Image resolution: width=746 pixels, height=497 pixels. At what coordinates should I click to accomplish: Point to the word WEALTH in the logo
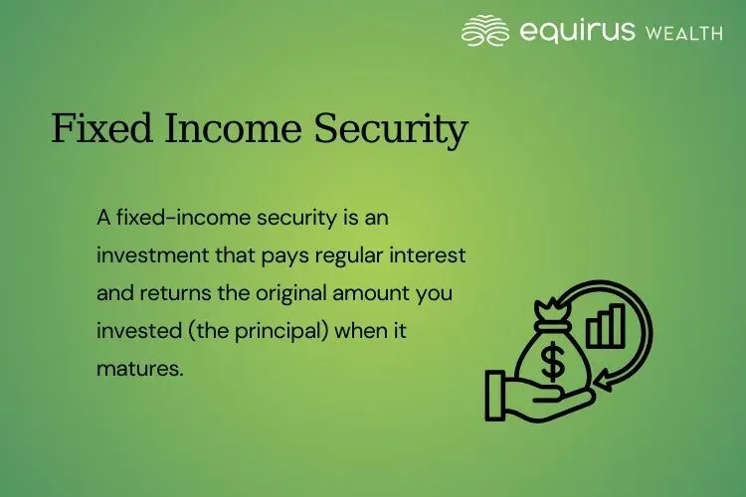[684, 34]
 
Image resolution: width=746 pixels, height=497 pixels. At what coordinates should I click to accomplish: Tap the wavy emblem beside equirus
[485, 31]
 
